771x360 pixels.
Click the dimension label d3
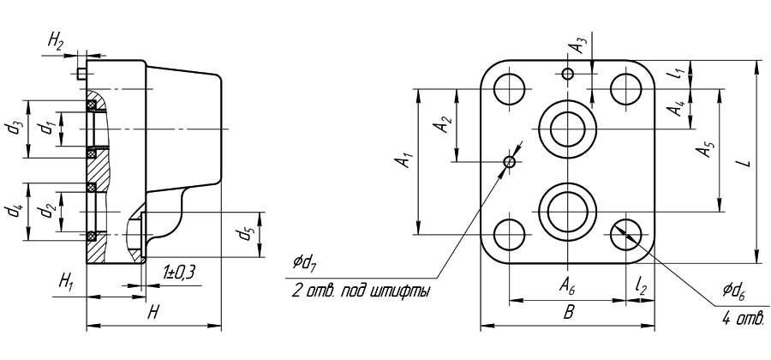click(15, 129)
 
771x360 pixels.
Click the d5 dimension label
click(246, 231)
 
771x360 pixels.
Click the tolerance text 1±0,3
click(179, 273)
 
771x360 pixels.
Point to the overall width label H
click(154, 314)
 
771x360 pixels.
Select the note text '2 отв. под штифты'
click(361, 291)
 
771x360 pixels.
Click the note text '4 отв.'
click(741, 320)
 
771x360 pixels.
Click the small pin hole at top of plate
click(567, 73)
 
